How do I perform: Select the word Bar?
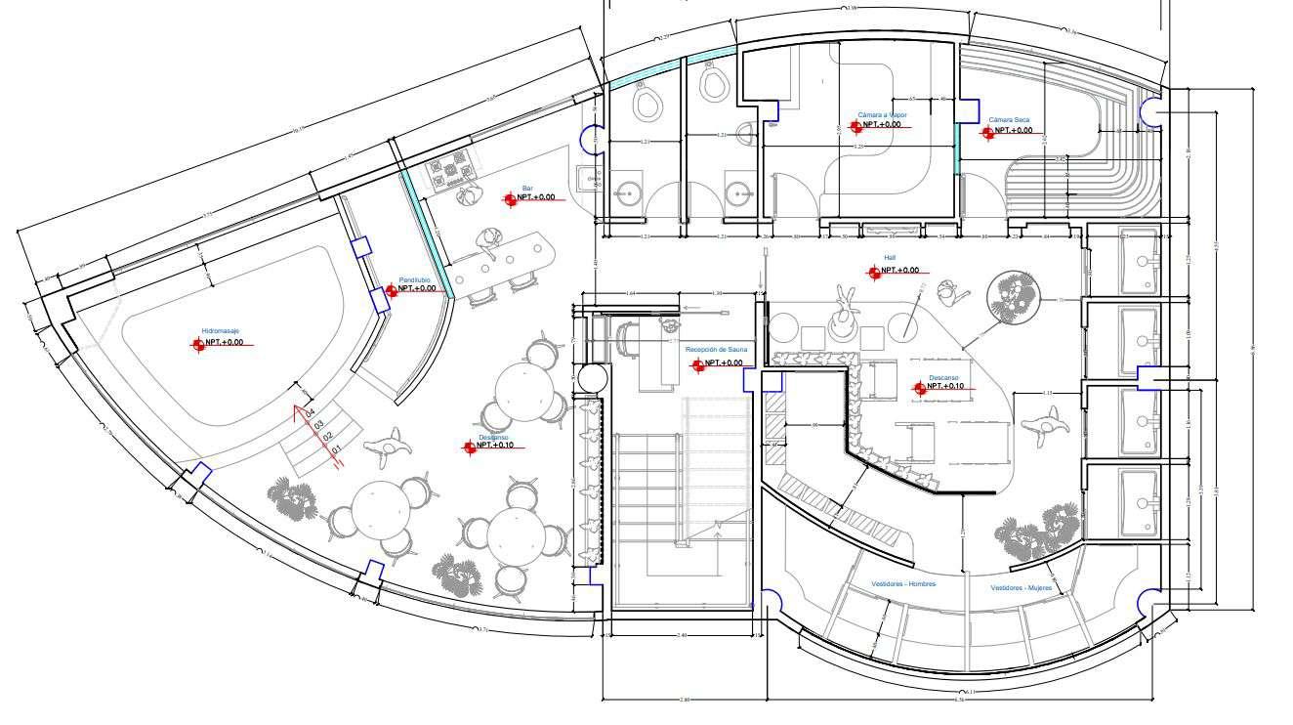coord(527,188)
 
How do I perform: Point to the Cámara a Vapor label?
coord(882,114)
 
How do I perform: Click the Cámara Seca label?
coord(1009,120)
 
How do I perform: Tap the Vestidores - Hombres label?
coord(903,584)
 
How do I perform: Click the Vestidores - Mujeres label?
coord(1022,588)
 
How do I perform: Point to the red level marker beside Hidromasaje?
coord(197,343)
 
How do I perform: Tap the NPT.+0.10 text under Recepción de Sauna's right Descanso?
coord(945,387)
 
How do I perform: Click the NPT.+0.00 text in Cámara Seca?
coord(1012,130)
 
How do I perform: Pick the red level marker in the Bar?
coord(510,198)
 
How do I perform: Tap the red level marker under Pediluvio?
coord(391,289)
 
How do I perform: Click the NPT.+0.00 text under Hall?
coord(899,270)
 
